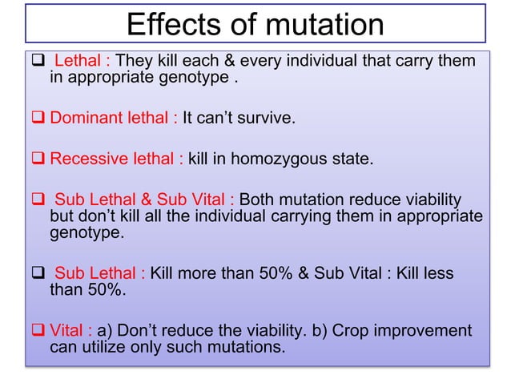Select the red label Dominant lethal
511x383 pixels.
[114, 119]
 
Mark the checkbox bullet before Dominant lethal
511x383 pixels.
[38, 119]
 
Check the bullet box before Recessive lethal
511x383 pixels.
[38, 159]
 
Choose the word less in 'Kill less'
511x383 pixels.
[437, 274]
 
